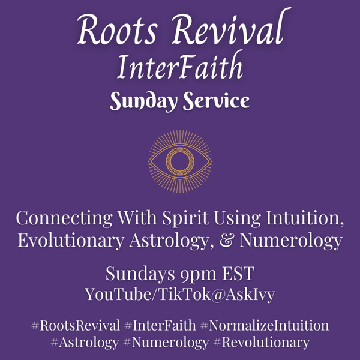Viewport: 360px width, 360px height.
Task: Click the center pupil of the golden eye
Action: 179,161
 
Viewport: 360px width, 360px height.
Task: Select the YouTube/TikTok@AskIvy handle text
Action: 179,295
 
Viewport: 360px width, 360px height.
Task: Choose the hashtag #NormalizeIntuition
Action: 264,326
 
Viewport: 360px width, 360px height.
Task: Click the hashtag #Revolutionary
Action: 261,343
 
